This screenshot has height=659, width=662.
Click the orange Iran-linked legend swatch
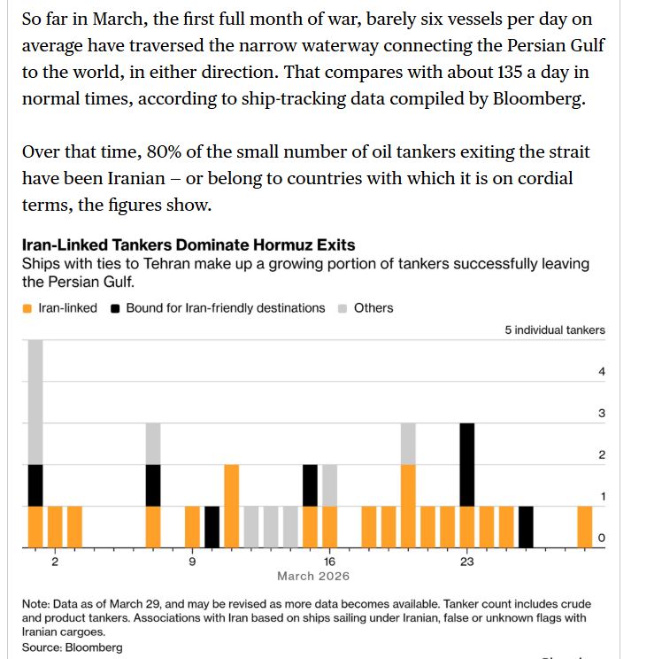(27, 308)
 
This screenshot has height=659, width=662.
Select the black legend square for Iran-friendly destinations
(115, 308)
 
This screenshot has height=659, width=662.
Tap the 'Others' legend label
(373, 308)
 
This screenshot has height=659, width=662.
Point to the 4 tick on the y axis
(602, 372)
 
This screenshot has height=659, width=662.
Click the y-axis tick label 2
(602, 455)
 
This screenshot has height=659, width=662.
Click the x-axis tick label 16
(329, 562)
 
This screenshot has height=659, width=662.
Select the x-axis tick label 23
(467, 562)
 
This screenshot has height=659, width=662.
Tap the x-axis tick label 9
(192, 562)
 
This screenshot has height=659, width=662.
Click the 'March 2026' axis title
(313, 577)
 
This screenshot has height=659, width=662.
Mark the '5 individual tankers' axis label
(555, 330)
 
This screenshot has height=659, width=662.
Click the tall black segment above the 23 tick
(467, 464)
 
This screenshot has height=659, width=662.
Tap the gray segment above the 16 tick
(330, 485)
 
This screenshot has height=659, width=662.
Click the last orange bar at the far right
(585, 527)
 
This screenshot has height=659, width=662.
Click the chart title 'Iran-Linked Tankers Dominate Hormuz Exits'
(188, 244)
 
